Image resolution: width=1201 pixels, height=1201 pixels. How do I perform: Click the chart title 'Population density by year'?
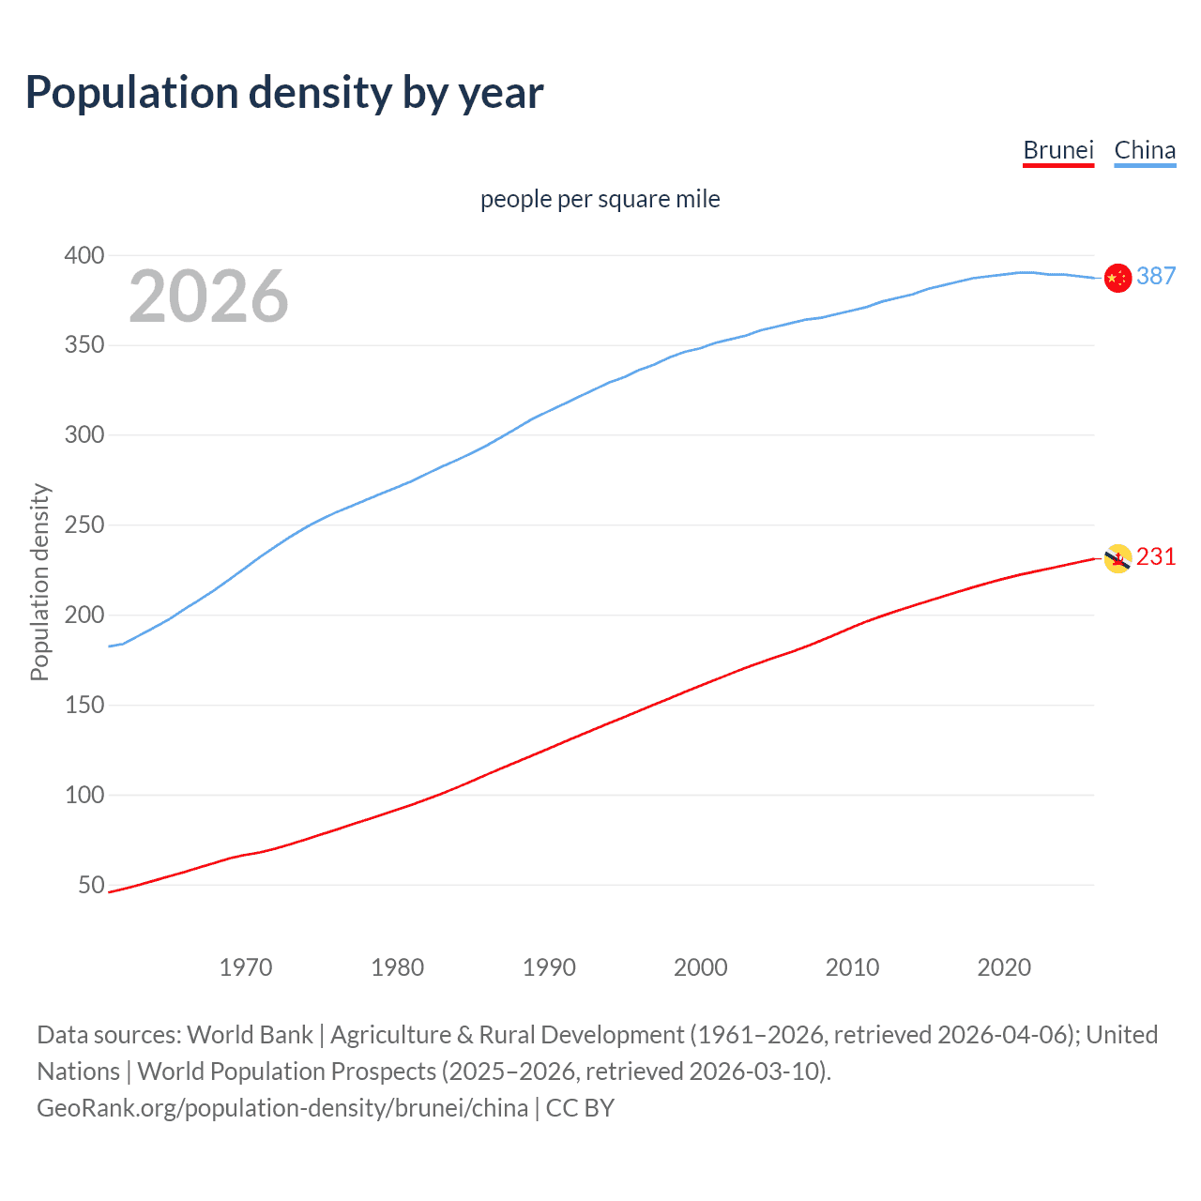point(284,93)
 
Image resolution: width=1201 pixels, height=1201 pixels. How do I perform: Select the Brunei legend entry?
point(1058,150)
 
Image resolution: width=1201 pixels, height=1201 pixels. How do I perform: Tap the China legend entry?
point(1145,150)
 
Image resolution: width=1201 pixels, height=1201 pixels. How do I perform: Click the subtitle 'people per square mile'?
point(600,199)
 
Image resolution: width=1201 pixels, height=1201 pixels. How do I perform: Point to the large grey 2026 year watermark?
point(208,296)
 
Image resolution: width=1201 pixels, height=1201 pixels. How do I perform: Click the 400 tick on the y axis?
point(84,255)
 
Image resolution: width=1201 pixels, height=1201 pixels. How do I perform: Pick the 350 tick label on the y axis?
point(84,345)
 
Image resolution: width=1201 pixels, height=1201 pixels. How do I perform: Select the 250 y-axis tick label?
point(84,524)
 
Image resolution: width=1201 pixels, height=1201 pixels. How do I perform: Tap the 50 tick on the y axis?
point(91,885)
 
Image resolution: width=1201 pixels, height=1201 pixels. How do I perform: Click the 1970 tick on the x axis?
point(246,967)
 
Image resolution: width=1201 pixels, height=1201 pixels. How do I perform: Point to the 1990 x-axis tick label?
point(549,967)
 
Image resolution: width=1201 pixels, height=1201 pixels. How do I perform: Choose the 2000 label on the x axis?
point(700,967)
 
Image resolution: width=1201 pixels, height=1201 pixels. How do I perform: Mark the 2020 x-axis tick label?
point(1004,967)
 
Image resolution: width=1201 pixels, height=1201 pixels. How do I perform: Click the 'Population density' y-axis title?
point(39,582)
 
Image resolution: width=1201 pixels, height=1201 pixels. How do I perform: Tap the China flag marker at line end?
point(1117,279)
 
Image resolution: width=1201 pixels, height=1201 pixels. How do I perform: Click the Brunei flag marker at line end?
point(1117,558)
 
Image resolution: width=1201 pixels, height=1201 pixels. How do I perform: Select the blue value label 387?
point(1156,276)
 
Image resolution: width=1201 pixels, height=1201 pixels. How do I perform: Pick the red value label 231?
point(1156,556)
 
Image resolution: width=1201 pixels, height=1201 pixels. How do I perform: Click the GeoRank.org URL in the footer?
point(282,1108)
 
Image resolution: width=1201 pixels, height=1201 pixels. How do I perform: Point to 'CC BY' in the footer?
point(580,1108)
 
